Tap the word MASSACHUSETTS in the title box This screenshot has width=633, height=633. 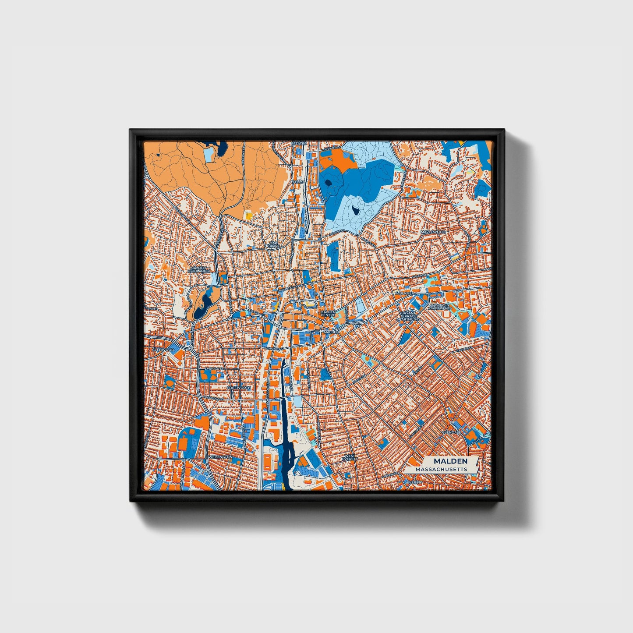pos(441,469)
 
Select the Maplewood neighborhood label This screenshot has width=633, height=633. pos(433,231)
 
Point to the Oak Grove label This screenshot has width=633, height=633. pos(273,244)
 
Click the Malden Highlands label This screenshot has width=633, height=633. pos(198,269)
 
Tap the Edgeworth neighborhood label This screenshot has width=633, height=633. pos(239,388)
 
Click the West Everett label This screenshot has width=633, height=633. pos(350,457)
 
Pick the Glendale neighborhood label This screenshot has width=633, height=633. pos(453,432)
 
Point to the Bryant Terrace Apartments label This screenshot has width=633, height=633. pos(408,316)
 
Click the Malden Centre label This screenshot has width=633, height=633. pos(328,314)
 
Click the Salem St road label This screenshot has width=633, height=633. pos(419,275)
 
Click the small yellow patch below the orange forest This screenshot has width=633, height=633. pos(249,215)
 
